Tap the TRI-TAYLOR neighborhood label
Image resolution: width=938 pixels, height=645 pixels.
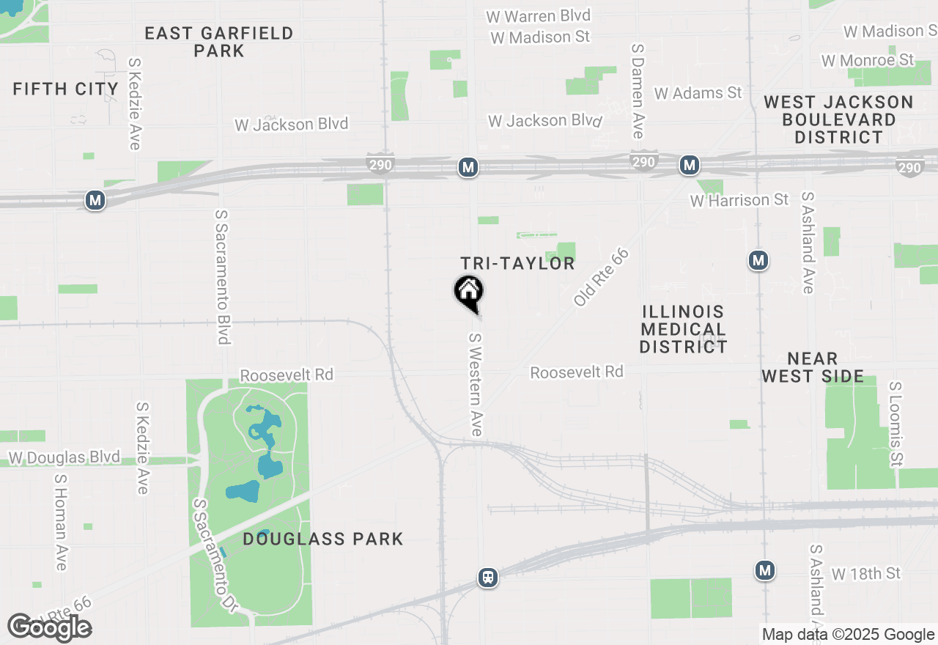click(517, 264)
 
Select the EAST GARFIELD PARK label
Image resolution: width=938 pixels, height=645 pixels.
click(218, 42)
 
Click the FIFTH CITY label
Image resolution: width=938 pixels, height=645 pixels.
click(66, 89)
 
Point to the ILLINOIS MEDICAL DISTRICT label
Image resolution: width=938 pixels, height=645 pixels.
click(683, 330)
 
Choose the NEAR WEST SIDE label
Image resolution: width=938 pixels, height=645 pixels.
click(813, 367)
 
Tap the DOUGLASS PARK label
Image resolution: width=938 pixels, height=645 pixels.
click(323, 539)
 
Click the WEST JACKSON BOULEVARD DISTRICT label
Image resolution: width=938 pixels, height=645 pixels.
click(839, 119)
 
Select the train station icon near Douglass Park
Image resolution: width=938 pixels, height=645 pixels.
click(488, 578)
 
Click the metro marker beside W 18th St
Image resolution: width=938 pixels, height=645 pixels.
click(765, 570)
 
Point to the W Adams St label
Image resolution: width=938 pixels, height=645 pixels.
click(698, 93)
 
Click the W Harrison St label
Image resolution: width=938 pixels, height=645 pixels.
click(739, 200)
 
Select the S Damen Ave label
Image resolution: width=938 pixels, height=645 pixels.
click(637, 90)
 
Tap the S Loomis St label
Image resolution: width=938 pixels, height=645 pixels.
click(895, 424)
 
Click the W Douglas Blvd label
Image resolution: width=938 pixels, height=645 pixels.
click(64, 458)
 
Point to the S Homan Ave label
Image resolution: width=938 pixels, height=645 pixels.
click(61, 521)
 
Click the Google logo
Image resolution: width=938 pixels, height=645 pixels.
click(49, 627)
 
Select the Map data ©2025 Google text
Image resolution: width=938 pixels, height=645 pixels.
click(848, 635)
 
